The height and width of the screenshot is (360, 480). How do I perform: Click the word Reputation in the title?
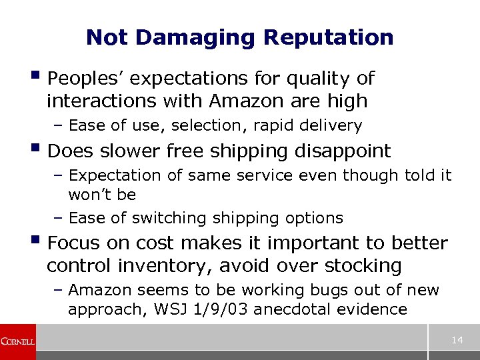coord(329,37)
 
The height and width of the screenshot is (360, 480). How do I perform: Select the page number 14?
coord(457,341)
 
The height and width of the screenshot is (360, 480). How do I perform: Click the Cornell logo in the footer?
coord(18,341)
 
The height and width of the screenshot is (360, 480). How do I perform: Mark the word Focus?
coord(73,243)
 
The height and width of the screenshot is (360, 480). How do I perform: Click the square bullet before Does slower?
coord(39,149)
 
